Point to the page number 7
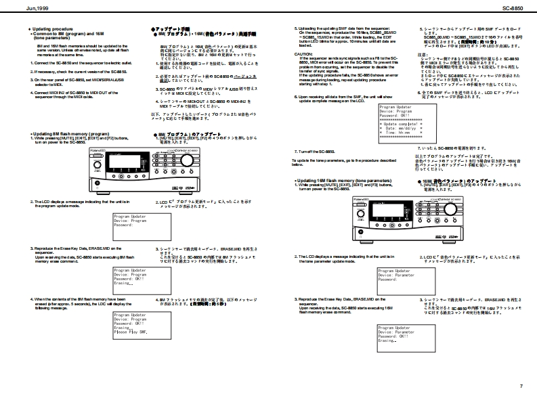[x=521, y=385]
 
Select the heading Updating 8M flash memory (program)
[x=70, y=133]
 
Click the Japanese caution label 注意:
[x=423, y=53]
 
